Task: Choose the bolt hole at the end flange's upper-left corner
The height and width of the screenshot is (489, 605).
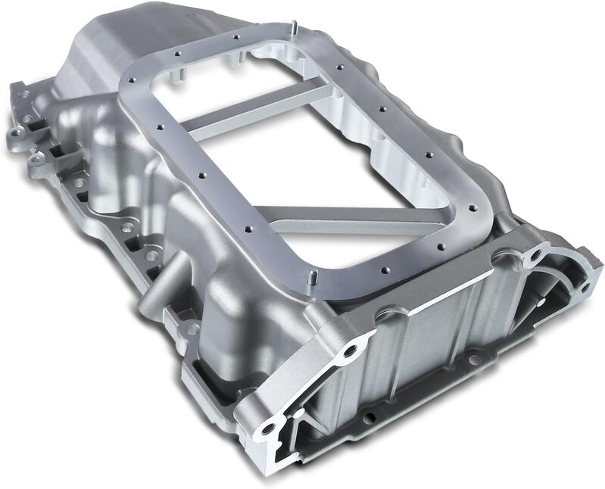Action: tap(348, 351)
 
